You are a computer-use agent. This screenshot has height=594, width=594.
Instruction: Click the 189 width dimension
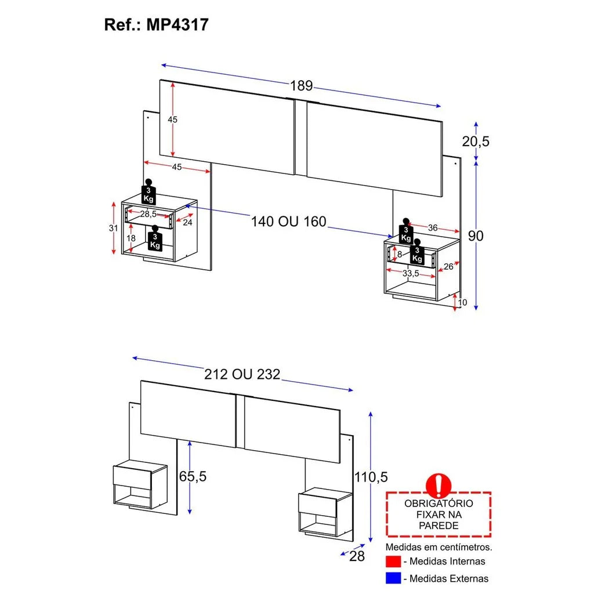[301, 86]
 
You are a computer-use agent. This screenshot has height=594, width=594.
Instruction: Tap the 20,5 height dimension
[476, 141]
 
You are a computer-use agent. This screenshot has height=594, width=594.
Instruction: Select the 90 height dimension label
[476, 236]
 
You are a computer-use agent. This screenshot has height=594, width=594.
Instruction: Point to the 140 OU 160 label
[289, 221]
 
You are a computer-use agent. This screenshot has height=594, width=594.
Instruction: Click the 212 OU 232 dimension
[242, 375]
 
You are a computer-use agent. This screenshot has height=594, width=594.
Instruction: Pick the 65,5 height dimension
[192, 476]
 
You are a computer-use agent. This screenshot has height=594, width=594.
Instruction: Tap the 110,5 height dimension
[371, 477]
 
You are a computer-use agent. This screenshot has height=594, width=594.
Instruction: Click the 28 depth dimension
[357, 557]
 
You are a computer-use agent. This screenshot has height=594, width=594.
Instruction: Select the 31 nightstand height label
[113, 228]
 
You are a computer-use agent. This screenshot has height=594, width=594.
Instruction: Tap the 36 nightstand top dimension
[433, 228]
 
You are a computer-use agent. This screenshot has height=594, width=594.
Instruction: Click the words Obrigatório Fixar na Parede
[439, 515]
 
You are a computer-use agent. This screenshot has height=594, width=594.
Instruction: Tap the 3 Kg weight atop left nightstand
[149, 192]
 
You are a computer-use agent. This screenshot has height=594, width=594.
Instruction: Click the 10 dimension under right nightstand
[462, 302]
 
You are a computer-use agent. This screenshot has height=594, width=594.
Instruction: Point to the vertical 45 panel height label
[172, 119]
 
